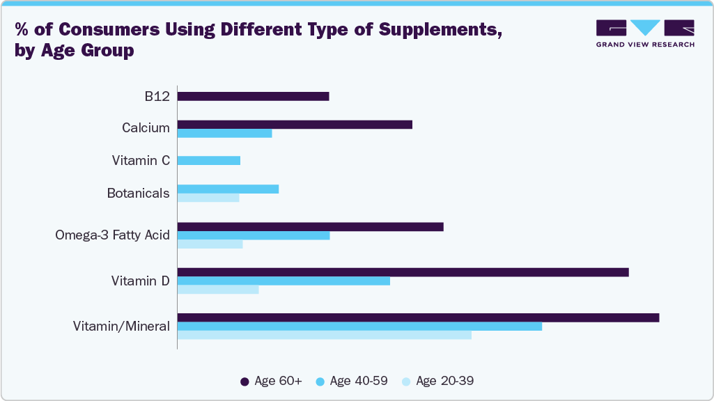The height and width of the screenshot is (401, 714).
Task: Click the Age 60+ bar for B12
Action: [x=253, y=96]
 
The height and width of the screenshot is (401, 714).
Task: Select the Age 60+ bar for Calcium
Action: [x=295, y=125]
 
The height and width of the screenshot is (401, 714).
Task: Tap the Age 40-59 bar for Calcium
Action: [x=224, y=134]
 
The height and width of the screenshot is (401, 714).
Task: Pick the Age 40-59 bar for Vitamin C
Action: [x=209, y=160]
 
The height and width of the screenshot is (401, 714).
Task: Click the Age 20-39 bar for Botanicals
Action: [x=208, y=198]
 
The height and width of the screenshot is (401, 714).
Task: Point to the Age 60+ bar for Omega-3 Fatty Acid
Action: [x=310, y=226]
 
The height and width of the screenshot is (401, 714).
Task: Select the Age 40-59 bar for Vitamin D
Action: [x=284, y=281]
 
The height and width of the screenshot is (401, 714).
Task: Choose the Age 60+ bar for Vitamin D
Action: [x=403, y=272]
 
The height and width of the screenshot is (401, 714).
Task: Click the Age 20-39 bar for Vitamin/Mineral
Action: [x=324, y=335]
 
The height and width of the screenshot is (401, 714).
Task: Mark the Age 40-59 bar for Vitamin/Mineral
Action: [x=359, y=326]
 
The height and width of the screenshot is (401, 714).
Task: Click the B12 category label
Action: [x=157, y=97]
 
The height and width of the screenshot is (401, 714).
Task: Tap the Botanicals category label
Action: [x=138, y=194]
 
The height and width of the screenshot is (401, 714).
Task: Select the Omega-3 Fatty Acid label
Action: [x=112, y=235]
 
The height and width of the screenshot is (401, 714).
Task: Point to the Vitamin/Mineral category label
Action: [x=121, y=326]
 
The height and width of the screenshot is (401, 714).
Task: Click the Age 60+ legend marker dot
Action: [x=245, y=382]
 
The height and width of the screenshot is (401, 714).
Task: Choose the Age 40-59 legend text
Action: [x=358, y=381]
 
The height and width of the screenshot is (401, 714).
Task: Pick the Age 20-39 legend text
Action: [x=444, y=381]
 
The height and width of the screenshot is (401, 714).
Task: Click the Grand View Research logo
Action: [x=644, y=33]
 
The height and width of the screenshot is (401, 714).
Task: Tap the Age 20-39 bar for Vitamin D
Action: [x=218, y=290]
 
